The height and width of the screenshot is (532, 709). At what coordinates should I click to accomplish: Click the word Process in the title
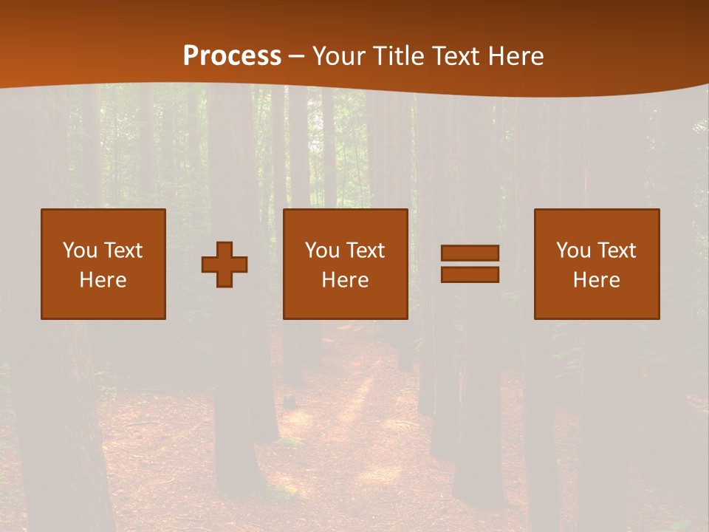click(232, 56)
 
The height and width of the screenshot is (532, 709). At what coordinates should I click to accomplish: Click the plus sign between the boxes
click(225, 265)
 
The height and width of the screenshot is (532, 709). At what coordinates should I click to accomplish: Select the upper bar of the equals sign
click(470, 253)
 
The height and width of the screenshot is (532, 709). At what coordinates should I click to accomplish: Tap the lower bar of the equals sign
click(470, 274)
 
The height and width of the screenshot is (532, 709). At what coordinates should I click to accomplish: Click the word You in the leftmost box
click(80, 250)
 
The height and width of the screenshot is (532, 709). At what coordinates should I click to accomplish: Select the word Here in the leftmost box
click(103, 280)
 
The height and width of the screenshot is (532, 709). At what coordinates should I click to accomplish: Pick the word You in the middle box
click(322, 250)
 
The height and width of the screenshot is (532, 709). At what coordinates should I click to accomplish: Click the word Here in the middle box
click(345, 280)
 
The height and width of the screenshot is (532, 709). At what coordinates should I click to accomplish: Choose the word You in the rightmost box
click(573, 250)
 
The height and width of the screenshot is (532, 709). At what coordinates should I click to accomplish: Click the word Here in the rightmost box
click(596, 280)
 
